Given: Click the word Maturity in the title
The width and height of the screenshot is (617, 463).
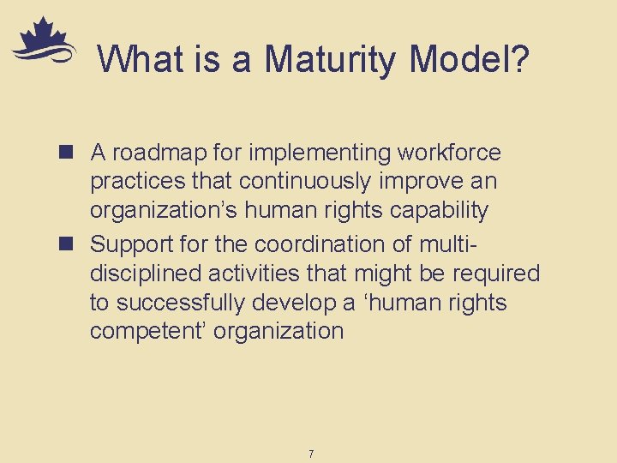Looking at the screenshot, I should (x=331, y=60).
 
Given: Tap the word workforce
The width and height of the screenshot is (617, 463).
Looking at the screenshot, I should (x=449, y=153).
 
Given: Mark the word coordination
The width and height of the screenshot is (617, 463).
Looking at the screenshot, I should (x=322, y=244).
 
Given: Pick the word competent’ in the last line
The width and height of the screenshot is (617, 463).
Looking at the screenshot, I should (x=147, y=332).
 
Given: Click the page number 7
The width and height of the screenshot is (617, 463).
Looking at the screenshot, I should (x=310, y=453).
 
